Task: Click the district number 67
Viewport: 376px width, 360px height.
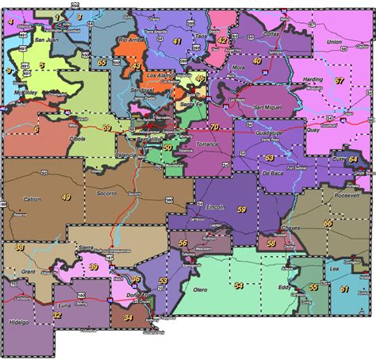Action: coord(339,81)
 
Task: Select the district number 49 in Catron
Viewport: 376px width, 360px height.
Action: coord(66,197)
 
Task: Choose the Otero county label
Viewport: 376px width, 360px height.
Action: coord(201,291)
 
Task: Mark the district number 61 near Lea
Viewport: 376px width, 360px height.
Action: coord(344,289)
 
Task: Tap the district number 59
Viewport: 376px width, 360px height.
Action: coord(241,209)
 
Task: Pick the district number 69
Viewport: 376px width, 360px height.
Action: coord(107,128)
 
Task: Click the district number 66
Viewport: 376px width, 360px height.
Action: coord(328,224)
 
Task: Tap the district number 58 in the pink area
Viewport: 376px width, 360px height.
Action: coord(272,244)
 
